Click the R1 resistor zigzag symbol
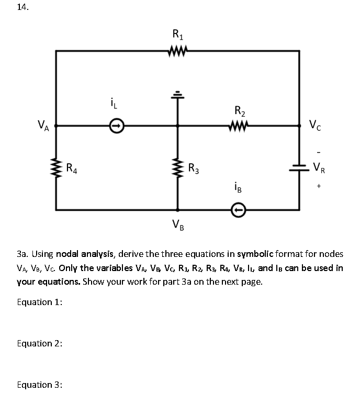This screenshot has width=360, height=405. (177, 51)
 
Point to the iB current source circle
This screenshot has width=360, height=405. (239, 210)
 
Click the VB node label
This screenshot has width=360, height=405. (178, 226)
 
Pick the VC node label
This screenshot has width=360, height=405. (316, 126)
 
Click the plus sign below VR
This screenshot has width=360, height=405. (318, 186)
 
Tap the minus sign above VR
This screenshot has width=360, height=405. (317, 152)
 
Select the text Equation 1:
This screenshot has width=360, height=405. (40, 302)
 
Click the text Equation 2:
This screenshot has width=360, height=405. (40, 343)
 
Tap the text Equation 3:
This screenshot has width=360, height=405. (40, 385)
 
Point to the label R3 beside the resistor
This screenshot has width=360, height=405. (194, 168)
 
